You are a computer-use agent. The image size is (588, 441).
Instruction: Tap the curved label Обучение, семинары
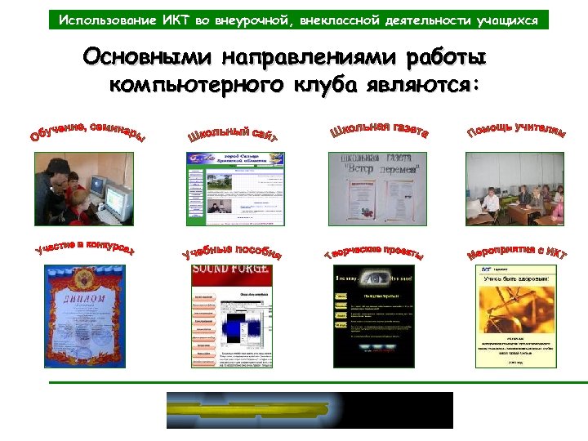click(89, 131)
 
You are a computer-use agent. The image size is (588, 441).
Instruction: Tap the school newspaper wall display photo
click(377, 189)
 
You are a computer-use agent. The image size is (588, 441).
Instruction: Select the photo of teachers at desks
click(514, 189)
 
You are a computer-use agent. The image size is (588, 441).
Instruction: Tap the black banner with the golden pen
click(310, 410)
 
